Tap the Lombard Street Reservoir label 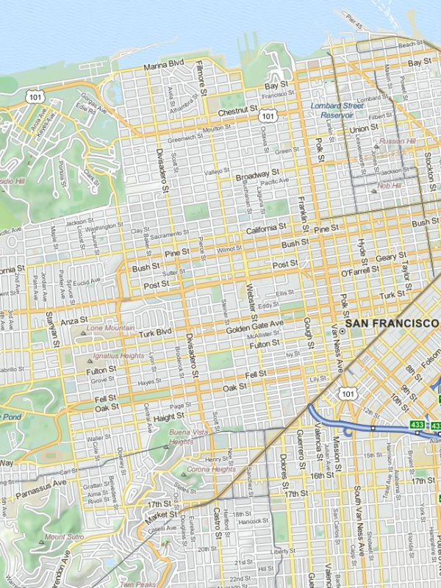[337, 110]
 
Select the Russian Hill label [398, 141]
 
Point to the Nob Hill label [389, 186]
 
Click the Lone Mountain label [111, 328]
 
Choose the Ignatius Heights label [118, 356]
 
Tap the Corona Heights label [211, 469]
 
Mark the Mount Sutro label [65, 537]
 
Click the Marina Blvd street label [163, 66]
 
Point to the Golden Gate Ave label [254, 324]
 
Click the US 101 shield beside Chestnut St [268, 116]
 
